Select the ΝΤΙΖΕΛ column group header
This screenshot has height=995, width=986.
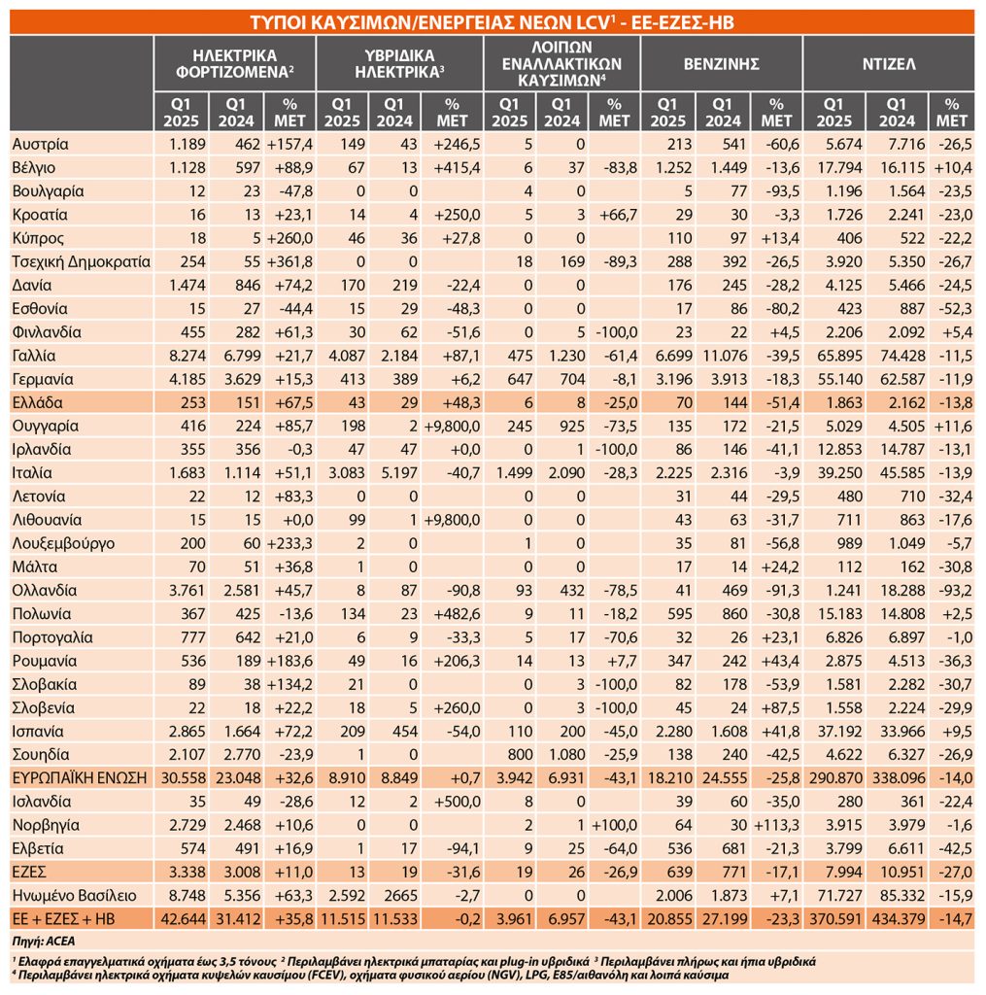coord(888,64)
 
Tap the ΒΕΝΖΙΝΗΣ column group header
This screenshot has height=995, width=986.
coord(722,64)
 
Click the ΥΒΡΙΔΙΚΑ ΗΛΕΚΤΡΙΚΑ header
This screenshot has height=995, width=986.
coord(399,64)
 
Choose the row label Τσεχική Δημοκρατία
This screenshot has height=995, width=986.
coord(82,262)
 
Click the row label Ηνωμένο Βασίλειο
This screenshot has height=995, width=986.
coord(74,896)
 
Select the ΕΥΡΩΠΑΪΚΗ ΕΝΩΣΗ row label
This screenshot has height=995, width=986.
coord(80,778)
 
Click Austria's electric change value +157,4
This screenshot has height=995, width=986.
coord(289,145)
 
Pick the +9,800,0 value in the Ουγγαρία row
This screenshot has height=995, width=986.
coord(452,427)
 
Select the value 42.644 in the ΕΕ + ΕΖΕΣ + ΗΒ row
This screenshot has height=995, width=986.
coord(184,919)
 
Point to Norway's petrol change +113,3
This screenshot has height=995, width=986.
coord(776,826)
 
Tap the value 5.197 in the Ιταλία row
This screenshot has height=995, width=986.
coord(399,473)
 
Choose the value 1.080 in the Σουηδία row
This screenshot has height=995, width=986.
coord(566,755)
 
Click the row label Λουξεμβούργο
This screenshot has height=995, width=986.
coord(63,544)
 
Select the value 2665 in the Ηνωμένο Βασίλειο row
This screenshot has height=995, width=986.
coord(401,896)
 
